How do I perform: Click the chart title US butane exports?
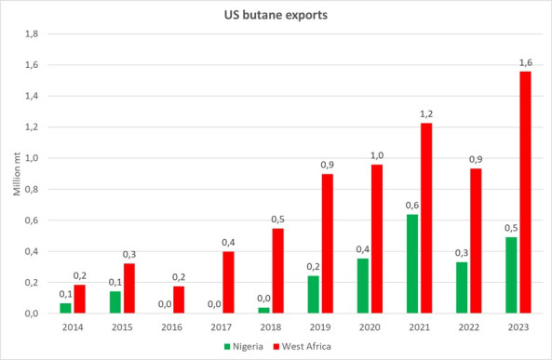tap(276, 14)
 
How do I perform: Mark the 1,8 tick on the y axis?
tap(30, 33)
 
